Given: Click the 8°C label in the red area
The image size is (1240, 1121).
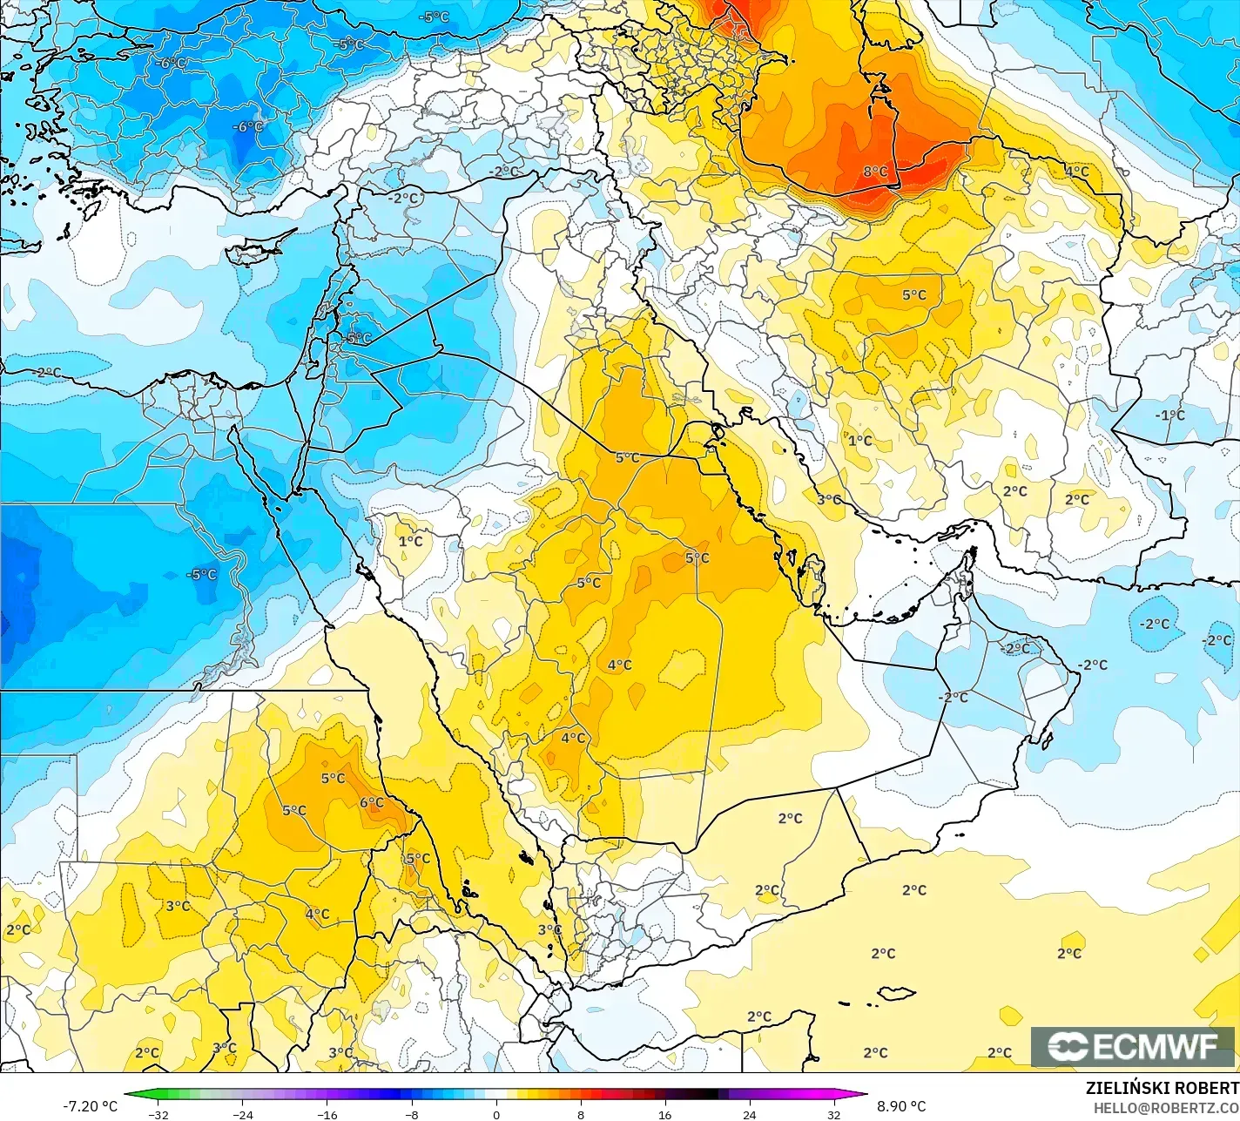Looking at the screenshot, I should [875, 172].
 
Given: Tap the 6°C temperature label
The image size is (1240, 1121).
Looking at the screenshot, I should [372, 802].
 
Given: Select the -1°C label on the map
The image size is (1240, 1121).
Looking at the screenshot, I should [1169, 415].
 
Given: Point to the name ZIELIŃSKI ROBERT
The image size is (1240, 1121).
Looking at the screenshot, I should [1162, 1088].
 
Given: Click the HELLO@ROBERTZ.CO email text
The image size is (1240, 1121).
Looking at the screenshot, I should [1166, 1107].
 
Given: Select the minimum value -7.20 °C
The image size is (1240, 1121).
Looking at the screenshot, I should [90, 1106].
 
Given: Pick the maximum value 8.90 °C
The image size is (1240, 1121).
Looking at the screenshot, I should [901, 1106].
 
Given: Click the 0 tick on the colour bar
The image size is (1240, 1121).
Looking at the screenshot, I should [495, 1114].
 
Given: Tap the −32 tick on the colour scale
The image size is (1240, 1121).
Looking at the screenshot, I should [158, 1114].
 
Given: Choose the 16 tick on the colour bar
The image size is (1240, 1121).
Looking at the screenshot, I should [664, 1114].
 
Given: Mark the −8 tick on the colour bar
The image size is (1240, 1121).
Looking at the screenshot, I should [411, 1114].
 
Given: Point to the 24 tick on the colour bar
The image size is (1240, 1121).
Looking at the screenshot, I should [749, 1114].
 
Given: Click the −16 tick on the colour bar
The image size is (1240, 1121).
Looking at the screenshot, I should [327, 1114].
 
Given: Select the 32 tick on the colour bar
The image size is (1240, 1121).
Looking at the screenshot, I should [833, 1114].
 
